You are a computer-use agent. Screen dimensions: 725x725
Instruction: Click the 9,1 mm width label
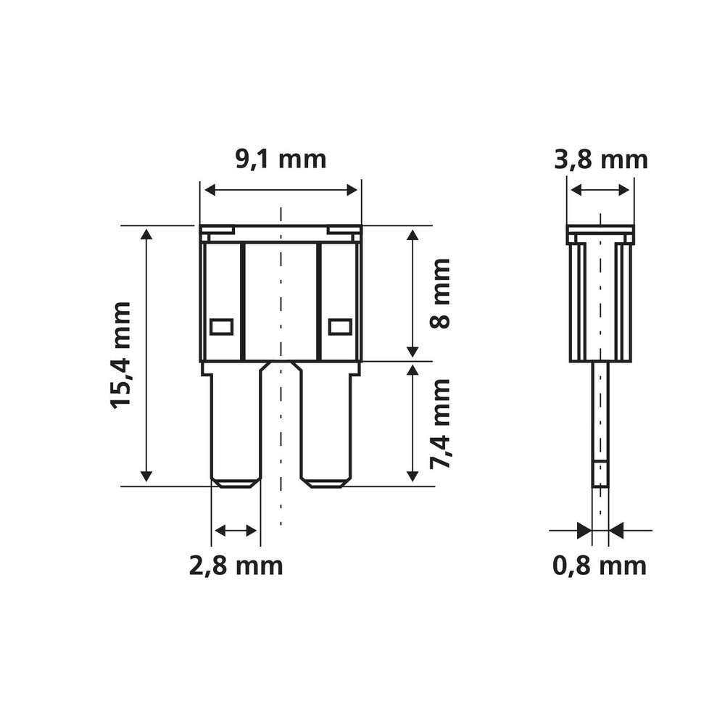click(281, 159)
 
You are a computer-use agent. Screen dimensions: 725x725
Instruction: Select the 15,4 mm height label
click(121, 355)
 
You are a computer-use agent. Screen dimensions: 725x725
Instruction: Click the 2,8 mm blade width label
click(236, 565)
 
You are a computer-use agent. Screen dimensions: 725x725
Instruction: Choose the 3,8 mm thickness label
click(600, 159)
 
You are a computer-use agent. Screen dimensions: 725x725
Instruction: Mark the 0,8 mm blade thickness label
click(600, 565)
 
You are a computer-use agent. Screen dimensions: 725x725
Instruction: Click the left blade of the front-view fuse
click(236, 428)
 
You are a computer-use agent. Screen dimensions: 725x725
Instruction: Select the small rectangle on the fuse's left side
click(221, 327)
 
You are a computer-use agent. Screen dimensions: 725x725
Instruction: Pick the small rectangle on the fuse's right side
click(339, 327)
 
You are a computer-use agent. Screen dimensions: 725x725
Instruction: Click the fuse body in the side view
click(600, 297)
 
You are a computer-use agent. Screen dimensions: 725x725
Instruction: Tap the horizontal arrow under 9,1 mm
click(281, 190)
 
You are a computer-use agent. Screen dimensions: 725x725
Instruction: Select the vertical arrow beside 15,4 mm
click(146, 355)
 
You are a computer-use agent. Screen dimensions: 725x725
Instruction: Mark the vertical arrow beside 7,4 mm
click(412, 423)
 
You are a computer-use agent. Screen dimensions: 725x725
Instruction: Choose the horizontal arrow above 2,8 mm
click(236, 531)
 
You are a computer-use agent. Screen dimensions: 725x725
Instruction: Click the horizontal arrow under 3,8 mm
click(600, 190)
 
